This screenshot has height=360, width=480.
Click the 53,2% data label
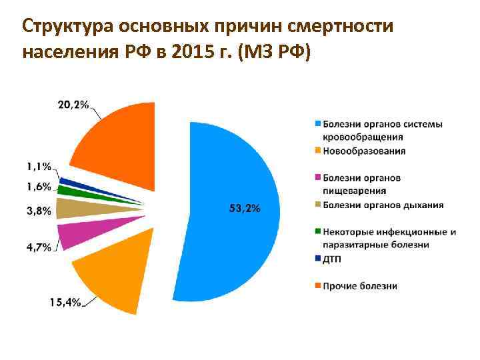click(x=245, y=209)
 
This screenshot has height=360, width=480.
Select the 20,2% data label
click(x=73, y=104)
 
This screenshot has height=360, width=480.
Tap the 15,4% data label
click(x=65, y=302)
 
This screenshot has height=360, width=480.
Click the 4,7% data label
click(x=39, y=247)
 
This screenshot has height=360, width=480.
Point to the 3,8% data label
click(x=39, y=211)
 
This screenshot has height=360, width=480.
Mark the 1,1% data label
click(x=39, y=167)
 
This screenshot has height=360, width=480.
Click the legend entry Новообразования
click(x=364, y=151)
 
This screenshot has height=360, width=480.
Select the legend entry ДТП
click(x=332, y=258)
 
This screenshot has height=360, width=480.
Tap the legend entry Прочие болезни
click(x=360, y=286)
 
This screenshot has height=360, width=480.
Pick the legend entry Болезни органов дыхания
click(x=383, y=205)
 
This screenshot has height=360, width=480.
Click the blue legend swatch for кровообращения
click(x=318, y=124)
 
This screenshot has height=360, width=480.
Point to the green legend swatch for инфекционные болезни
click(x=318, y=232)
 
